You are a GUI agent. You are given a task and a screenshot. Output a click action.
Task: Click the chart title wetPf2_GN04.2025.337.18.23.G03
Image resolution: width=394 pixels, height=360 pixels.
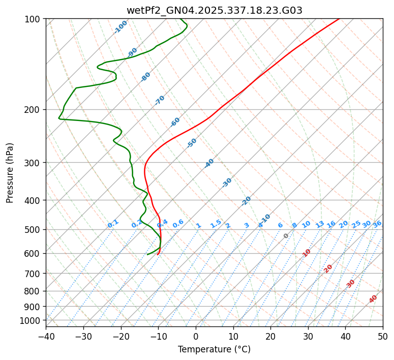214,10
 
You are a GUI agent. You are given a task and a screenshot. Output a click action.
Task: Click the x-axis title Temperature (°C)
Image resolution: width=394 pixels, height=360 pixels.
214,350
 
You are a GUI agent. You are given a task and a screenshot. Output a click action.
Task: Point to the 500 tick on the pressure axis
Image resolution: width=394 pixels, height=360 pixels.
33,230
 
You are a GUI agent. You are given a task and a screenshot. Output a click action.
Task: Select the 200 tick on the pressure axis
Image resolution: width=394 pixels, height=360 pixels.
33,110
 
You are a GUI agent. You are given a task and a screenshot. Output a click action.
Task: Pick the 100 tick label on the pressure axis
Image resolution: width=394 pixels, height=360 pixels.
33,19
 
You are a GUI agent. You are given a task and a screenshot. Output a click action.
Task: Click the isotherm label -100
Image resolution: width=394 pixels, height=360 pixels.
120,27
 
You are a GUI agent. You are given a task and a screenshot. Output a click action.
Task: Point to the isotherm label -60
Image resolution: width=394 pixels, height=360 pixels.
175,122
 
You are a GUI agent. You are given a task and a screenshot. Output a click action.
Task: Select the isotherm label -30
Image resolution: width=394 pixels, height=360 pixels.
227,183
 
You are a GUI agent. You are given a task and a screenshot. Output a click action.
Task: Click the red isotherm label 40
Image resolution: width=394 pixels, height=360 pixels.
373,299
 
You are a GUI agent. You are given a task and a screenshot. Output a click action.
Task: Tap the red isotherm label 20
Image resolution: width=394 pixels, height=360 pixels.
328,268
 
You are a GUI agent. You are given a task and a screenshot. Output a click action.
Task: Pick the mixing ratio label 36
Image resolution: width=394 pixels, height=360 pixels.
377,224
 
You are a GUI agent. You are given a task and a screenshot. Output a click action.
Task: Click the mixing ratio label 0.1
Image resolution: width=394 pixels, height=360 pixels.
113,224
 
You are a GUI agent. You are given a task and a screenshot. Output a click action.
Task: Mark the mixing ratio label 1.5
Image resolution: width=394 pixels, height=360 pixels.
216,223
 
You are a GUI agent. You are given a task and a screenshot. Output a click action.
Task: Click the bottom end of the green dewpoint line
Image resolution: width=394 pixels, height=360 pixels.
147,254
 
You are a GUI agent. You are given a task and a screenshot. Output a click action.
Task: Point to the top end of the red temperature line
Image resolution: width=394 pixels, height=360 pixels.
339,19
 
